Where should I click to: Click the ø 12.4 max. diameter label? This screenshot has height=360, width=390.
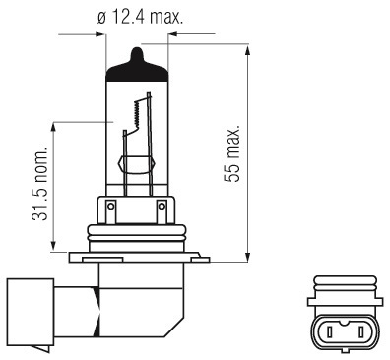coord(140,17)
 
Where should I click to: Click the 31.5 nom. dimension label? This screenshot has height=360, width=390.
coord(40,186)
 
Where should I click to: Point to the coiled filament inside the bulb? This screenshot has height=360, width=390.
coord(137,114)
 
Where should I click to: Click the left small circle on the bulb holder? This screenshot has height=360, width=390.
coord(111,207)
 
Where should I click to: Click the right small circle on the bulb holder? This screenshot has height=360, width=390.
coord(162,207)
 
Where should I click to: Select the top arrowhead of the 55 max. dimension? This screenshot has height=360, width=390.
coord(248,51)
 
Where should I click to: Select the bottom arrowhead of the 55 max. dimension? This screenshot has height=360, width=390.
coord(248,256)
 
